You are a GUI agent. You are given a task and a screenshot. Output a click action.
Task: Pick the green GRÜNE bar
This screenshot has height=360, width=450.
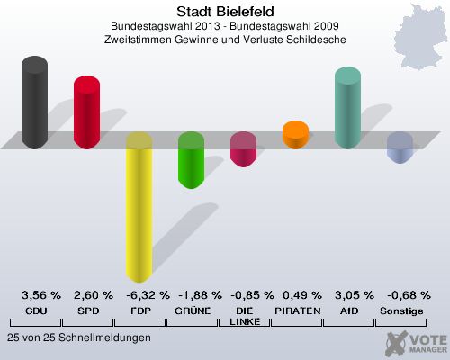pos(191,161)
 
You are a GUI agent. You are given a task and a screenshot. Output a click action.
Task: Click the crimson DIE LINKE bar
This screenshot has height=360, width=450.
pos(243,149)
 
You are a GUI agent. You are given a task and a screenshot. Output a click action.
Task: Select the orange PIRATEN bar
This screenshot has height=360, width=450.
pos(295,136)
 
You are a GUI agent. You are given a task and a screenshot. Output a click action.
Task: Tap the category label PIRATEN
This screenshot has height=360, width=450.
pos(295,310)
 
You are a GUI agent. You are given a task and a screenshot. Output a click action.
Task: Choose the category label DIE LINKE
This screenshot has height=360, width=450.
pos(243,316)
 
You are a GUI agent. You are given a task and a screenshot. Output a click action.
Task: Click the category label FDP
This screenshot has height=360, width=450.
pos(139,310)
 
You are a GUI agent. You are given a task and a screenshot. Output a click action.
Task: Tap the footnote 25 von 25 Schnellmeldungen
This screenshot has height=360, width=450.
pos(78,337)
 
